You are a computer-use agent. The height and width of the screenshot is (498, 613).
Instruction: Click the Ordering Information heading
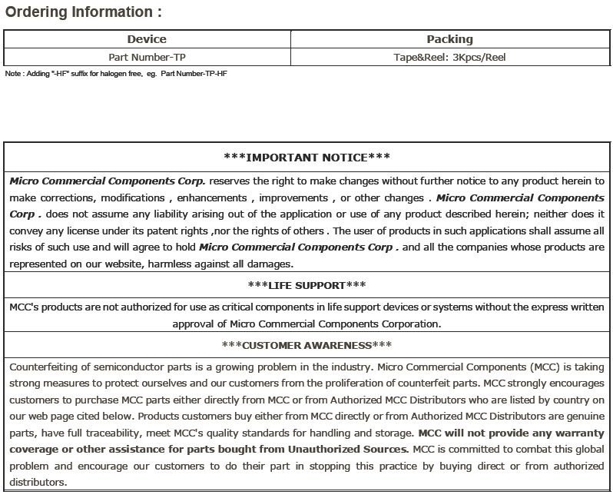click(84, 12)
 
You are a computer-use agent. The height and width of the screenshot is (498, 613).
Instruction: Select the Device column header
click(147, 39)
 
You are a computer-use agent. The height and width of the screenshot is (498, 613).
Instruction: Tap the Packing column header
click(449, 39)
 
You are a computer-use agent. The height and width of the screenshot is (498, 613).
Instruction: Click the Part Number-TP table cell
click(147, 57)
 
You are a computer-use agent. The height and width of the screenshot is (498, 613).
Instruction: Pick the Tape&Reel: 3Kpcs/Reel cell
click(449, 57)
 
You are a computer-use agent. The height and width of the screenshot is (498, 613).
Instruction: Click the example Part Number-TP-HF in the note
click(194, 74)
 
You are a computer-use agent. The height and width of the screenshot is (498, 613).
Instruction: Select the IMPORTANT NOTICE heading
click(306, 157)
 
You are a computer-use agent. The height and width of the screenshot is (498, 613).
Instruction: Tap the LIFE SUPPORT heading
click(306, 285)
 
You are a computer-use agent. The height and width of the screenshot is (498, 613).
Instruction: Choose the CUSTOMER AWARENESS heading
click(306, 345)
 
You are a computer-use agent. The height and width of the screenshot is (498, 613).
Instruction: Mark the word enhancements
click(209, 198)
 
